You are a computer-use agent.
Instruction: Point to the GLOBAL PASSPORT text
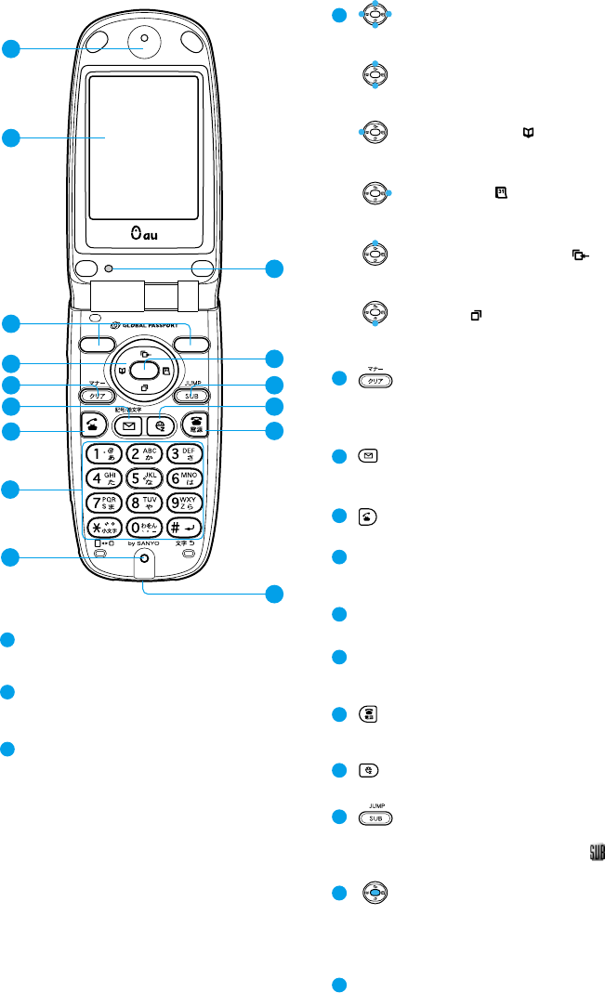click(152, 325)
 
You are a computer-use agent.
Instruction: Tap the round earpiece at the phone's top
click(144, 40)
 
